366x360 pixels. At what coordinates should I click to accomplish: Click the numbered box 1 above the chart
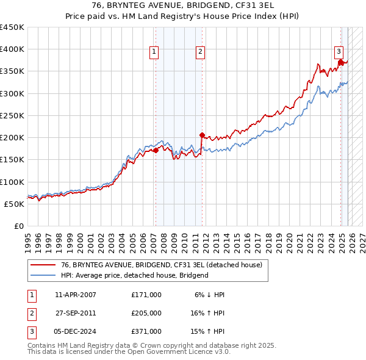point(155,52)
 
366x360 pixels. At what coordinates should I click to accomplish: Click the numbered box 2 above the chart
point(200,52)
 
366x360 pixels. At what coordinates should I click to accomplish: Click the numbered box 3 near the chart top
point(339,52)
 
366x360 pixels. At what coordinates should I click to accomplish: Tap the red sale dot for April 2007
point(156,150)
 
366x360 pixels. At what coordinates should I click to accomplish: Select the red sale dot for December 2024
point(340,62)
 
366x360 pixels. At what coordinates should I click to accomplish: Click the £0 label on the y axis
point(18,226)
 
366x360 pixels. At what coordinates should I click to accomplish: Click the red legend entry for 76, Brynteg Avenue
point(161,265)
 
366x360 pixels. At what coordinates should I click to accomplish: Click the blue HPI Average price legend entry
point(134,275)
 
